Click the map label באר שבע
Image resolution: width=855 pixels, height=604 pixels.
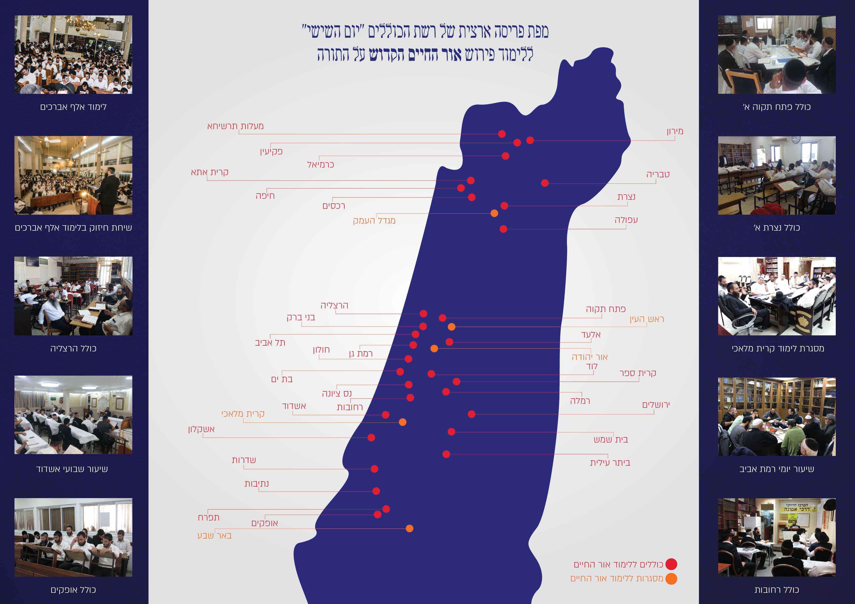pos(214,536)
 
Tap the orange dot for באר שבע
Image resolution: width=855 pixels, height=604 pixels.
pos(409,528)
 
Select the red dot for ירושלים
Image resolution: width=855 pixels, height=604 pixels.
pos(471,414)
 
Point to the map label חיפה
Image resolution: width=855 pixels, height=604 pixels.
pos(265,196)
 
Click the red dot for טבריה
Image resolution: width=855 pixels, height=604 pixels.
pos(545,183)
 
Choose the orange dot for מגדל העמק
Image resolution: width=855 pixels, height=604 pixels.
pos(494,213)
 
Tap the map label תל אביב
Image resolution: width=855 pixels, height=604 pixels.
pos(270,343)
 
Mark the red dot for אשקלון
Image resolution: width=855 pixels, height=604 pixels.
pos(371,438)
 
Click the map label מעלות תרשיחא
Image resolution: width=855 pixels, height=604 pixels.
pos(235,126)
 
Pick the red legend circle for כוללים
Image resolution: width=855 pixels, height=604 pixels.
pos(671,564)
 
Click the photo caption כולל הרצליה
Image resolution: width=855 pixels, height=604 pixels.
pos(73,348)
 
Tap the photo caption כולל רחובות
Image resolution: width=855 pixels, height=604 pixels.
pos(777,590)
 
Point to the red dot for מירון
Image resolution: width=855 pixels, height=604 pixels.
pos(530,140)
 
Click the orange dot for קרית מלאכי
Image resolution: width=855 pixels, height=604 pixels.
pos(403,422)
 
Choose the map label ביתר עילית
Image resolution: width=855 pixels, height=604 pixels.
pos(610,463)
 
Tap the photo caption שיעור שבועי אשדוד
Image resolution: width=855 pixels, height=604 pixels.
pos(72,469)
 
